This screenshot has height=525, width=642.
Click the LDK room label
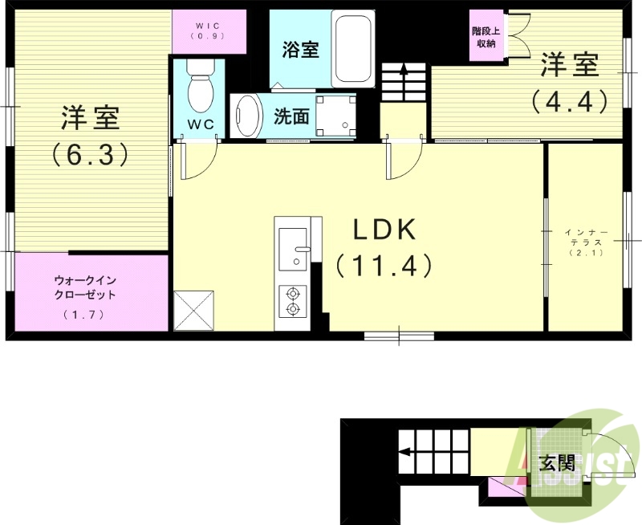click(x=384, y=231)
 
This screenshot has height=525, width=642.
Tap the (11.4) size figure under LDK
click(x=384, y=266)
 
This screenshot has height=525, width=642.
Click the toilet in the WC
click(x=200, y=88)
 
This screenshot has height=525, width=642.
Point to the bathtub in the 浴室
click(x=352, y=49)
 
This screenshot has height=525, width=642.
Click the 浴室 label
click(x=301, y=49)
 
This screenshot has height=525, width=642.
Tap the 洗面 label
click(x=291, y=117)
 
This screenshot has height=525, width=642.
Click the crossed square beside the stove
click(x=193, y=308)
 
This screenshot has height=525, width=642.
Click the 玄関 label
click(x=556, y=463)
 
